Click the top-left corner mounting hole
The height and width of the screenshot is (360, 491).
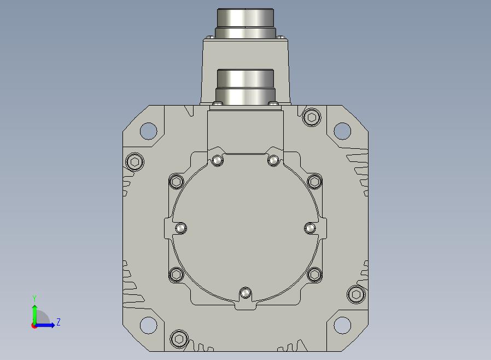(x=148, y=131)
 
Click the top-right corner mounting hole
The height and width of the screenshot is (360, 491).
(x=342, y=131)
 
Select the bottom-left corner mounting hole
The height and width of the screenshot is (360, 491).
(x=148, y=325)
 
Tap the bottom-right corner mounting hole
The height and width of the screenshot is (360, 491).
(x=342, y=325)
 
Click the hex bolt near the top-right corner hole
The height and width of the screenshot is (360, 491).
(x=312, y=117)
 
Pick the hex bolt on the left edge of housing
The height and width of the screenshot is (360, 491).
(x=135, y=161)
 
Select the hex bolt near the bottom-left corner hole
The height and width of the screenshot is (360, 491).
(x=179, y=339)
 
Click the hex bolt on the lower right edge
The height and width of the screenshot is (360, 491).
(x=356, y=294)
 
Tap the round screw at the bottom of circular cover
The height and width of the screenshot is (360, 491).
(x=245, y=293)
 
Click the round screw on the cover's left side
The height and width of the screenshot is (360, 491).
(x=180, y=228)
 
